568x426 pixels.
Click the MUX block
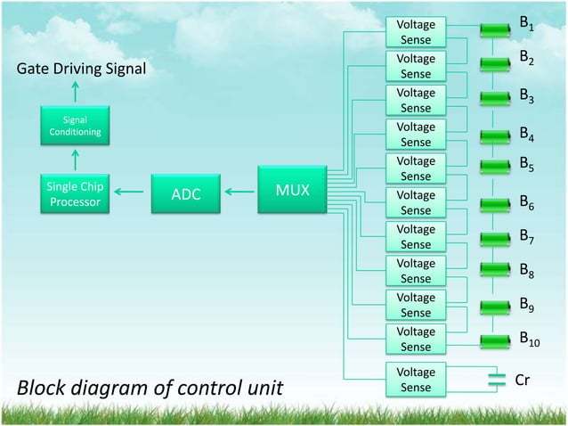[289, 190]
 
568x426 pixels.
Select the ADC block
[186, 194]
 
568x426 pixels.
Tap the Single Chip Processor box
[74, 193]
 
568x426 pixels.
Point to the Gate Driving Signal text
[77, 70]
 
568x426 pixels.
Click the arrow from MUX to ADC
[238, 190]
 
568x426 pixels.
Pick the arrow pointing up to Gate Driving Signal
[75, 92]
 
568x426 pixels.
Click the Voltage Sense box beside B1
[415, 30]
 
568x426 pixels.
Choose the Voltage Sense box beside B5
[415, 168]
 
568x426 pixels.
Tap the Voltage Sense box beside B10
[415, 338]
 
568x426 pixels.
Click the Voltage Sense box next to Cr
[415, 379]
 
